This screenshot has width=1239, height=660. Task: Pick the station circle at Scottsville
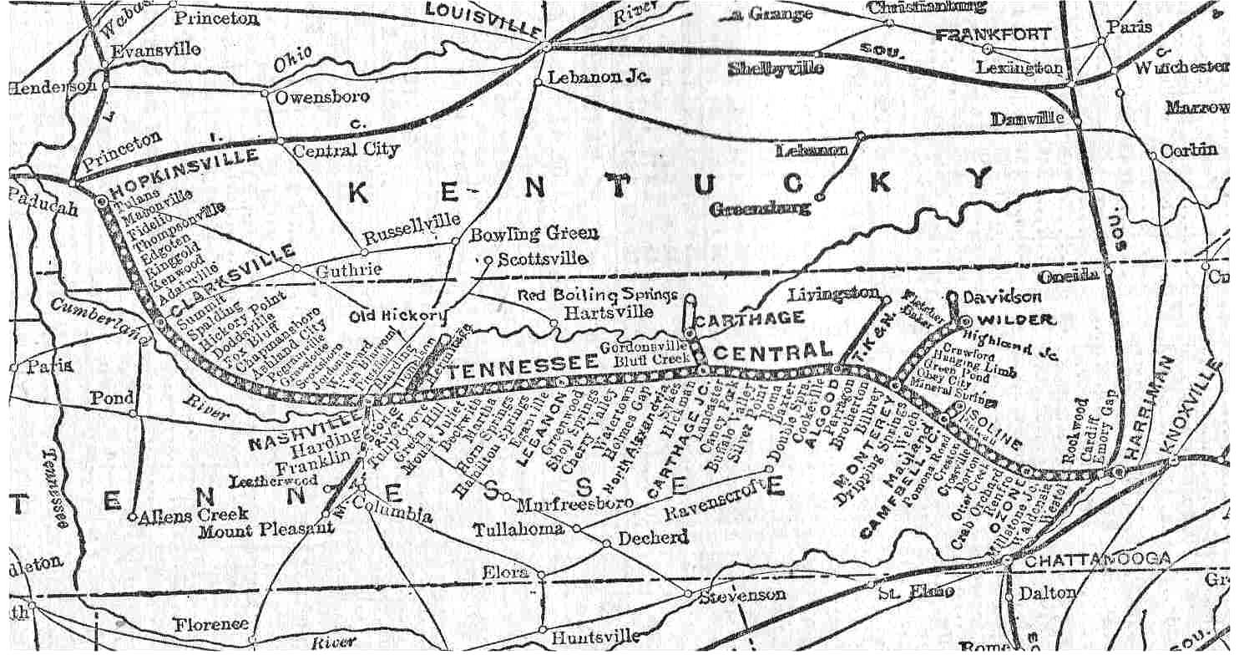[489, 260]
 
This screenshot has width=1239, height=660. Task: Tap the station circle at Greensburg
[819, 197]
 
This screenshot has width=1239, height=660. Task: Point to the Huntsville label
[594, 637]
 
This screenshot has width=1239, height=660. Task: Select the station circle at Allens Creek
[132, 517]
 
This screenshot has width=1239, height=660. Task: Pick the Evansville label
[156, 50]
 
